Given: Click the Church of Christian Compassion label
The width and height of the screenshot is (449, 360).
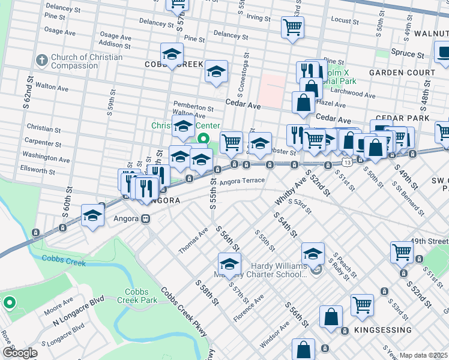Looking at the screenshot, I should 86,62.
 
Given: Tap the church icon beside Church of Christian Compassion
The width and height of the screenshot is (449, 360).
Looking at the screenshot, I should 41,61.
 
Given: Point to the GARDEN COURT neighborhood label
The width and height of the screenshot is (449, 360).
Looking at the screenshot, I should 402,73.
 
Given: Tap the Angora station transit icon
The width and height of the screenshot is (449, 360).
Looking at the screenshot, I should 145,219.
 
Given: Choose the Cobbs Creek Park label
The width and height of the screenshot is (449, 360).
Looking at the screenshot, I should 137,296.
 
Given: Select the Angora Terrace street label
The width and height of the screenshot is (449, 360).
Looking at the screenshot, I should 242,181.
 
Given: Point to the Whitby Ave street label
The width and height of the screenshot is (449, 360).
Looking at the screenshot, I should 290,188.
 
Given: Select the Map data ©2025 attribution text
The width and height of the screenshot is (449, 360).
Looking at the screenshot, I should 423,355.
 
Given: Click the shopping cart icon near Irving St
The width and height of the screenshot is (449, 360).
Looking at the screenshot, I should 292,26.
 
